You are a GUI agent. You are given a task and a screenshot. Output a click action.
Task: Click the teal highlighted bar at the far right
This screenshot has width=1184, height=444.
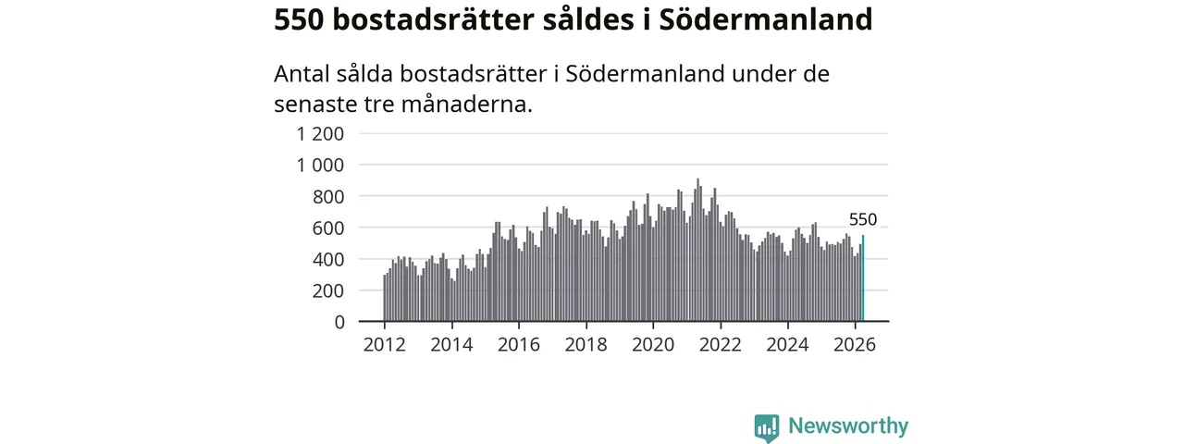863,278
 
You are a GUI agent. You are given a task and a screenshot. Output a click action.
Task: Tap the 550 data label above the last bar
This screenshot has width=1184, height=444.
863,219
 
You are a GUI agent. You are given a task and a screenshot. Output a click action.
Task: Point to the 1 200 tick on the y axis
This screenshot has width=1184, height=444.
320,134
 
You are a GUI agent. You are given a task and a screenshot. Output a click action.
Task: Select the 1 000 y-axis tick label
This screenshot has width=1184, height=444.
320,166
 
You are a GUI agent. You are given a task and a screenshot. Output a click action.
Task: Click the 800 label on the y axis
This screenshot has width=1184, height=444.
328,197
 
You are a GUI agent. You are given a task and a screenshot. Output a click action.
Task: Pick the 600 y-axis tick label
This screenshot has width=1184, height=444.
328,228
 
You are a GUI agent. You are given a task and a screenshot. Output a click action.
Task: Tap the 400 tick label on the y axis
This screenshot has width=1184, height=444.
328,260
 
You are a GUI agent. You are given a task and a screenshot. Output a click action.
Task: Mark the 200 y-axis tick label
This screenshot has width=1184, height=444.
328,290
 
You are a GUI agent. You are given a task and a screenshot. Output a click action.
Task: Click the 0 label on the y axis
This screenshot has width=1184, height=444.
339,322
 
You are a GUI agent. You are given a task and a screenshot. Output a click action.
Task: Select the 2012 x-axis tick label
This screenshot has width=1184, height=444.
384,345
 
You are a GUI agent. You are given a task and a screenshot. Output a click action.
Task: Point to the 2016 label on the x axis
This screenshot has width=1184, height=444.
519,345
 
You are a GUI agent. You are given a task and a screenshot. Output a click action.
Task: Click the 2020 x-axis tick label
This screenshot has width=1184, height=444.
653,345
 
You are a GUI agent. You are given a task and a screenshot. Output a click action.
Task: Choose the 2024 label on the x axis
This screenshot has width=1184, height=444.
787,345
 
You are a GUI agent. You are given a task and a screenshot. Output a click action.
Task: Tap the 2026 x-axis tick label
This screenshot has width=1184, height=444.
855,345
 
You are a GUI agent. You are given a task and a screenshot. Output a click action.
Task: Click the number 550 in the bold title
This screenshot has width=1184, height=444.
299,20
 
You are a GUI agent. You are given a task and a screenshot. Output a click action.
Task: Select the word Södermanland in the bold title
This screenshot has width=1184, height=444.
766,20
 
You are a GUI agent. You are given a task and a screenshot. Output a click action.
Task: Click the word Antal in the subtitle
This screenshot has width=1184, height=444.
302,73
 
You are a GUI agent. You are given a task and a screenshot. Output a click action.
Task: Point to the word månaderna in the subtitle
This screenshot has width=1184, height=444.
467,104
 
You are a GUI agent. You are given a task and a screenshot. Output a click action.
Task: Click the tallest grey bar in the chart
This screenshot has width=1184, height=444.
697,250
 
